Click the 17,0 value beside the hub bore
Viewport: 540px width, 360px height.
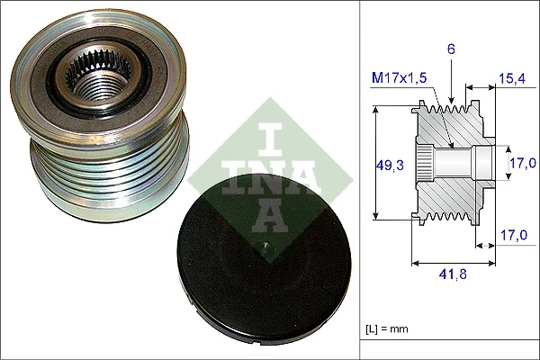coord(522,163)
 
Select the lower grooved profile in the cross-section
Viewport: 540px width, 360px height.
coord(450,212)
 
